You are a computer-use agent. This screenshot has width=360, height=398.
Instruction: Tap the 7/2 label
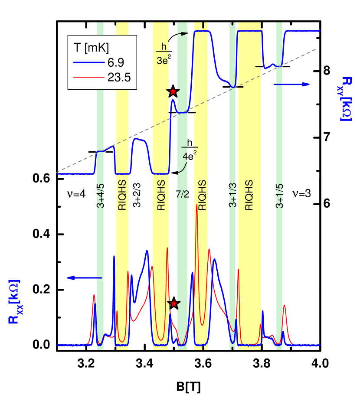pos(183,194)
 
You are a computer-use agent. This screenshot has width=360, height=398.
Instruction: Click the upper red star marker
pos(173,91)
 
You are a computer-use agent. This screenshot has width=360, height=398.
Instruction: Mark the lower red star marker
pos(174,303)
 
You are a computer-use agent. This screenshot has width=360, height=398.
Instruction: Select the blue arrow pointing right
pos(292,84)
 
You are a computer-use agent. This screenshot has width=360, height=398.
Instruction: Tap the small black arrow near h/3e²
pos(183,33)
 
